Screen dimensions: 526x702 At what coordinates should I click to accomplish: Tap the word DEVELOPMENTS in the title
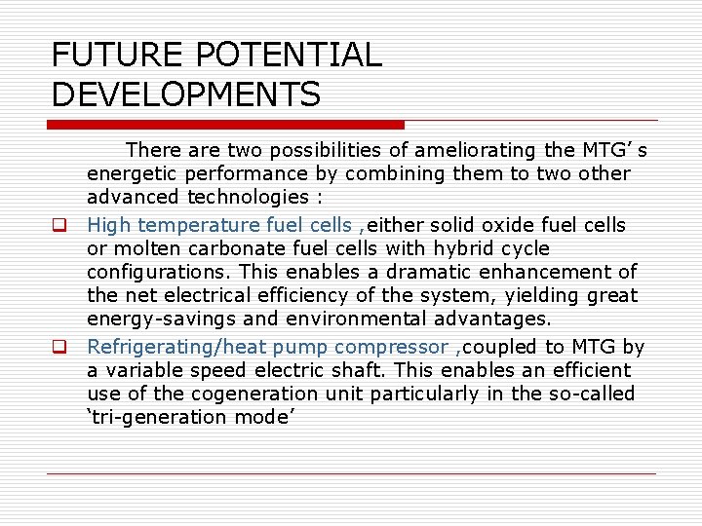click(x=186, y=94)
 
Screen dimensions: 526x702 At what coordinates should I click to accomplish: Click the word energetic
click(x=125, y=173)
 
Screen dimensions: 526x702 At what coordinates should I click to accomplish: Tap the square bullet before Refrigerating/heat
click(x=58, y=348)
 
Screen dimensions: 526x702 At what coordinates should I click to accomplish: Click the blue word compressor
click(x=389, y=347)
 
